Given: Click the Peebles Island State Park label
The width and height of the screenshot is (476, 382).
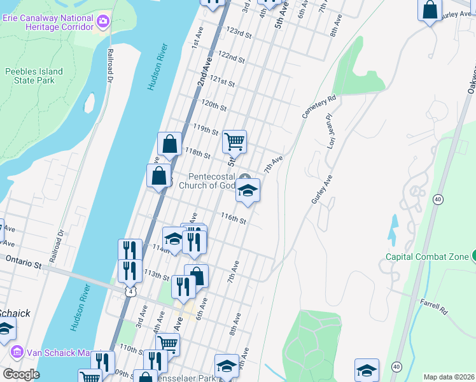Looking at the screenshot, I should click(34, 76).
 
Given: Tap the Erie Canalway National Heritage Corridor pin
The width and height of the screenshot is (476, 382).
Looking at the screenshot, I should click(103, 23).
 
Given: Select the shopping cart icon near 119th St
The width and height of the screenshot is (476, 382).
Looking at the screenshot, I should click(234, 142).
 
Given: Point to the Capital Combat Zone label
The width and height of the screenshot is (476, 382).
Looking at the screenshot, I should click(427, 257).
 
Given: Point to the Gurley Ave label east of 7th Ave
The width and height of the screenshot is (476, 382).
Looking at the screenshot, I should click(322, 190).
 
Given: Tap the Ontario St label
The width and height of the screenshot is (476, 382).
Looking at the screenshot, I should click(24, 260).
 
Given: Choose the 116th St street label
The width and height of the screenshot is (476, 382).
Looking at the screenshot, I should click(233, 218).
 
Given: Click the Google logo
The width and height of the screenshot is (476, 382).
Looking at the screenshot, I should click(21, 374).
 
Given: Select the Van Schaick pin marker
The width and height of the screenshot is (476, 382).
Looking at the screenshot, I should click(17, 352).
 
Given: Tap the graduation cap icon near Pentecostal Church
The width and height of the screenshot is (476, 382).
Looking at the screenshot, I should click(248, 190).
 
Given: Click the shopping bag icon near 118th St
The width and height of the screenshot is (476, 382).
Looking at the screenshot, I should click(170, 144).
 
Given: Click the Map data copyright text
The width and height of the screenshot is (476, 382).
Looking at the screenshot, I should click(449, 377).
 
